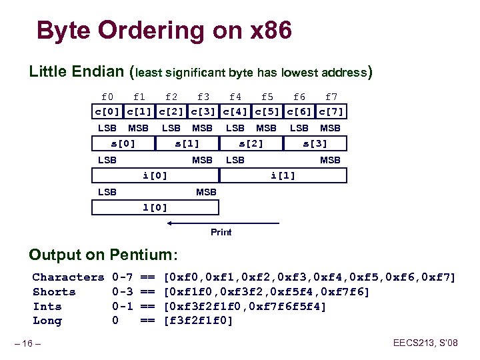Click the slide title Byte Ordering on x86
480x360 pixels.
coord(164,31)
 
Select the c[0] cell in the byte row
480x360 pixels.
coord(107,111)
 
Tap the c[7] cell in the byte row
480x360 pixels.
coord(331,111)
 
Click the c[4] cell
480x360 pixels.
coord(235,111)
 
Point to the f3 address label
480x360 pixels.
coord(203,97)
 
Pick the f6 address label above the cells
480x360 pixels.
coord(299,97)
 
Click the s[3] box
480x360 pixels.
coord(315,143)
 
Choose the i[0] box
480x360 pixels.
coord(155,175)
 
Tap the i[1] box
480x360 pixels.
coord(283,175)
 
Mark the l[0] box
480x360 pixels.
coord(155,207)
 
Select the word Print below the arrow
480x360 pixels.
coord(221,233)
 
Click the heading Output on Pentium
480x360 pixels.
coord(104,255)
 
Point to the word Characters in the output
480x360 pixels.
coord(68,277)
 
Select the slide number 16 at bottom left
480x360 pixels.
coord(29,343)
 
